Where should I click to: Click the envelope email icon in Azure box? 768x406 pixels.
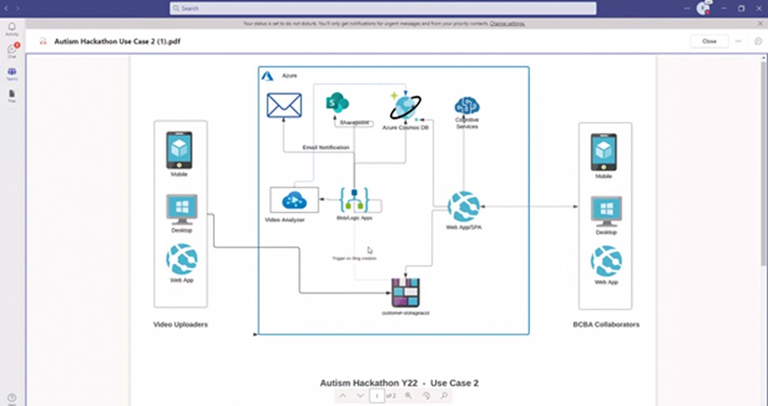click(284, 105)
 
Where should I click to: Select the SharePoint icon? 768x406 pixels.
click(337, 103)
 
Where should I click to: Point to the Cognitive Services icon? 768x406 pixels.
click(467, 105)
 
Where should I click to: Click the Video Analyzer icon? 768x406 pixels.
click(294, 200)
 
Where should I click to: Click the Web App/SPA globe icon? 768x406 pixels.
click(463, 207)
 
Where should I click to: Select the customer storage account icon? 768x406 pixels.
click(406, 293)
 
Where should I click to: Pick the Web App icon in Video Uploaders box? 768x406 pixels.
click(181, 260)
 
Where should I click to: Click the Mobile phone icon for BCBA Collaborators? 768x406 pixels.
click(603, 152)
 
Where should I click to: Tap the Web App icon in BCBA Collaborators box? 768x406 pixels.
click(606, 261)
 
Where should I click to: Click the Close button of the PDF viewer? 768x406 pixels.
click(709, 41)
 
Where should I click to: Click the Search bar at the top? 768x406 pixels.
click(382, 8)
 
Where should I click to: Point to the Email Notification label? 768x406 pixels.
click(325, 147)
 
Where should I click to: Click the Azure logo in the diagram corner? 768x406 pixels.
click(267, 76)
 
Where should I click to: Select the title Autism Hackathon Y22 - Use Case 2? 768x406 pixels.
click(399, 383)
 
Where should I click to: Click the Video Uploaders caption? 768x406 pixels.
click(180, 324)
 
